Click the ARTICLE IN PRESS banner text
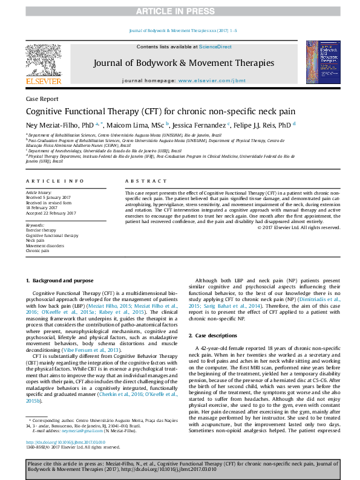[x=180, y=11]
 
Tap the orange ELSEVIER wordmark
[x=43, y=81]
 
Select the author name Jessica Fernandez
[x=199, y=125]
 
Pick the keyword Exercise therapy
[x=42, y=230]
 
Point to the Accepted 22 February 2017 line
[x=51, y=213]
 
